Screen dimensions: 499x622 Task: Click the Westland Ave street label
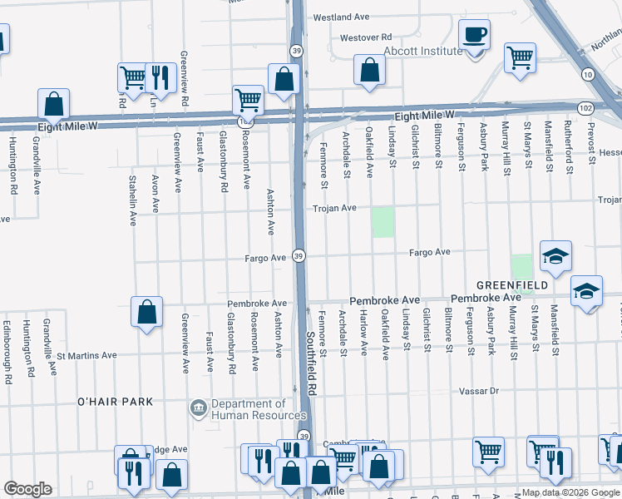pyautogui.click(x=341, y=17)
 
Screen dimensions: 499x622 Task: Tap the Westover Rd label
pyautogui.click(x=365, y=37)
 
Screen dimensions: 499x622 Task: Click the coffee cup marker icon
pyautogui.click(x=475, y=35)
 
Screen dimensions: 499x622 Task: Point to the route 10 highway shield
pyautogui.click(x=588, y=75)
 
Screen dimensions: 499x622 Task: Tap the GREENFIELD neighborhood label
pyautogui.click(x=511, y=285)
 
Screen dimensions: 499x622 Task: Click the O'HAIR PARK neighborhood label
pyautogui.click(x=115, y=402)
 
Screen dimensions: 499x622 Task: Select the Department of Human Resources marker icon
pyautogui.click(x=199, y=408)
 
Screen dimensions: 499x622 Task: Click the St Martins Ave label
pyautogui.click(x=86, y=355)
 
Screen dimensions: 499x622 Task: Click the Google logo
pyautogui.click(x=27, y=489)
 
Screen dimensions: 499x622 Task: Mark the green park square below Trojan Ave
pyautogui.click(x=383, y=222)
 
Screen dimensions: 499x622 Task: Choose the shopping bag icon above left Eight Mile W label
pyautogui.click(x=53, y=104)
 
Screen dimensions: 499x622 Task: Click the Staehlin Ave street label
pyautogui.click(x=132, y=200)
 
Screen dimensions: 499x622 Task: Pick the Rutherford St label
pyautogui.click(x=570, y=146)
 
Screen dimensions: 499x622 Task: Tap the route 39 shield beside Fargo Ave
pyautogui.click(x=299, y=255)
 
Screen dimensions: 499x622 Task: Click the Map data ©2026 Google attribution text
pyautogui.click(x=571, y=492)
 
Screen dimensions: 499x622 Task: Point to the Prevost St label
pyautogui.click(x=591, y=146)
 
